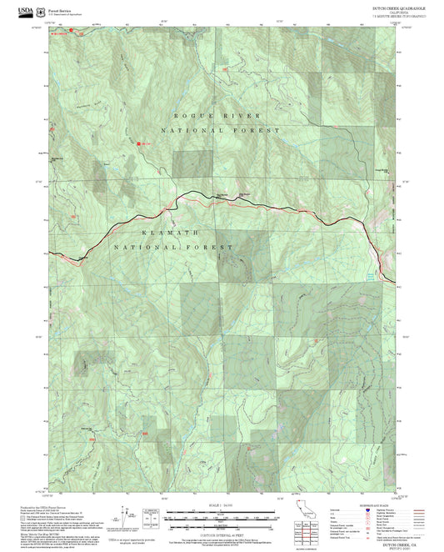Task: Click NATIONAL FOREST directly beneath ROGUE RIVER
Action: pos(222,131)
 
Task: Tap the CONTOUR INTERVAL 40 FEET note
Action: pos(222,528)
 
